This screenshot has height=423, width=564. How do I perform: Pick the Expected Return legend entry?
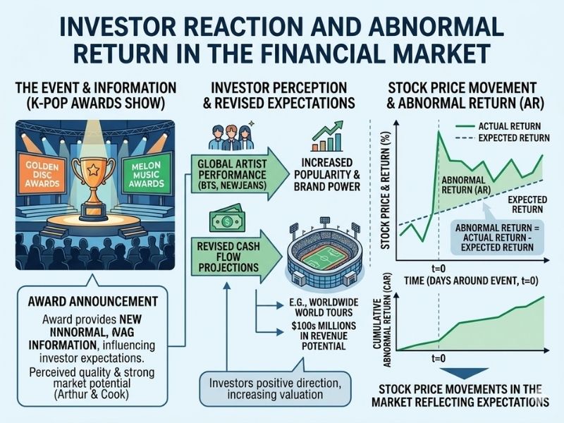(503, 138)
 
